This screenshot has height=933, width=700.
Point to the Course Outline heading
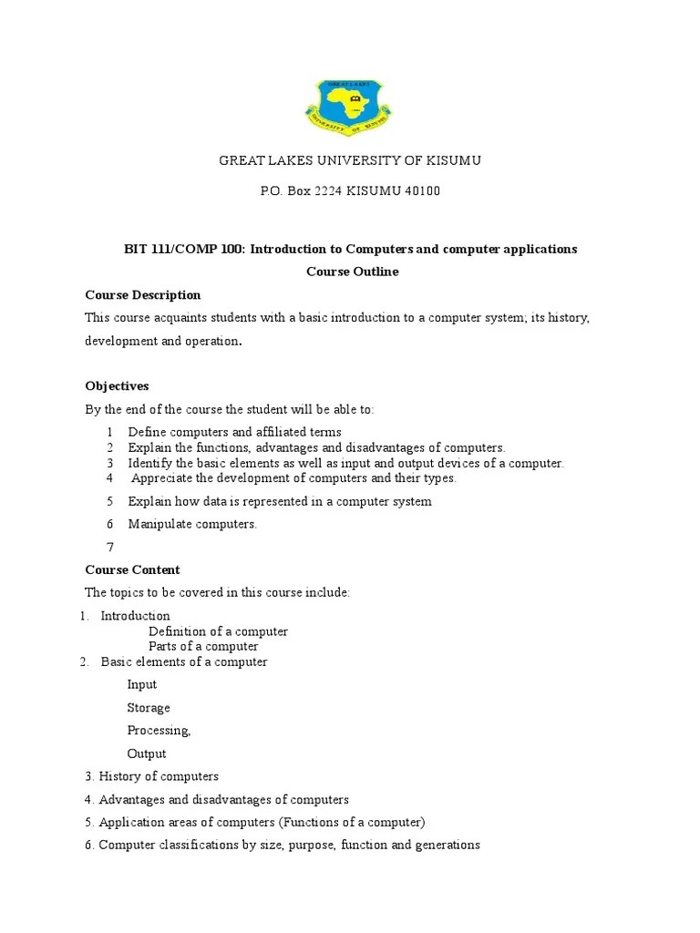click(352, 272)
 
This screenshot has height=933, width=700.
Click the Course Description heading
click(142, 295)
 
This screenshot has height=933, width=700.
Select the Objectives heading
click(117, 386)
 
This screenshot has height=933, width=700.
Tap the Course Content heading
click(132, 570)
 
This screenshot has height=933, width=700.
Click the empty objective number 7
click(110, 547)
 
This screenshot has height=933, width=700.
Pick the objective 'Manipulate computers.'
click(192, 524)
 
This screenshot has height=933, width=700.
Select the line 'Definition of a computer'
click(218, 631)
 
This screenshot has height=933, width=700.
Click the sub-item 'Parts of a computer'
click(203, 647)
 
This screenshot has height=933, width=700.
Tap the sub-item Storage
click(149, 708)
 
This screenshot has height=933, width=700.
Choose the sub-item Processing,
click(159, 731)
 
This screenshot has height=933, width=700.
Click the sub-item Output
click(147, 754)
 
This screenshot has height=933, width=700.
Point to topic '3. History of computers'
click(151, 777)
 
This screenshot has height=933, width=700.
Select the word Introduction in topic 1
click(135, 616)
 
